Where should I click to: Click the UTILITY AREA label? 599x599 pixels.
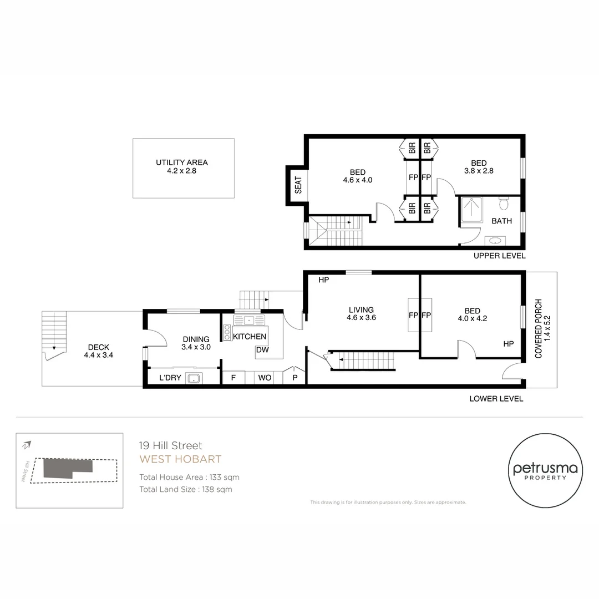tap(182, 167)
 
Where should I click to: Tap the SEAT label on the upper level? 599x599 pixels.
tap(298, 185)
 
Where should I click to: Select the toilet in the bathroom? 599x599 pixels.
tap(504, 204)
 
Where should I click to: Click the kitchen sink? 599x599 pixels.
tap(250, 320)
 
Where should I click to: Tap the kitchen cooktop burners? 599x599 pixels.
tap(227, 332)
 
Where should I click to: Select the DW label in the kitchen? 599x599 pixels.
tap(262, 350)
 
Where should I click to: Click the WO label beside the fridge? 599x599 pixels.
tap(265, 378)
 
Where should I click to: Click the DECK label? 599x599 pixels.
tap(98, 351)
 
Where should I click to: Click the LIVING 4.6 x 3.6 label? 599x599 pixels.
tap(361, 314)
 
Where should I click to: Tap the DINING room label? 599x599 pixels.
tap(195, 343)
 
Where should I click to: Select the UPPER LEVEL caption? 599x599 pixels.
tap(499, 256)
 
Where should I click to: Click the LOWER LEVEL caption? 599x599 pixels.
tap(496, 398)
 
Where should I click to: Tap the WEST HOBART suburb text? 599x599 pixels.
tap(180, 459)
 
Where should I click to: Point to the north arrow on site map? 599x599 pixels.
tap(27, 445)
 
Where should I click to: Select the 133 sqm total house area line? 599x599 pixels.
tap(189, 477)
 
